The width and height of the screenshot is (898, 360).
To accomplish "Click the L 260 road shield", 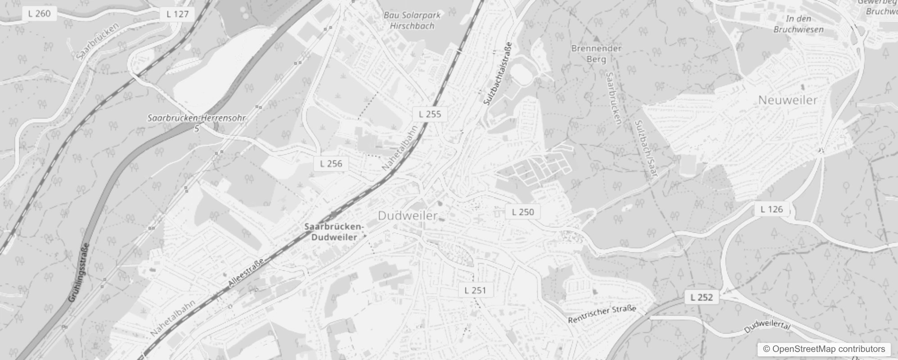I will [x=39, y=13].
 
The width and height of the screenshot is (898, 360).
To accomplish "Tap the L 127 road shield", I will [x=177, y=14].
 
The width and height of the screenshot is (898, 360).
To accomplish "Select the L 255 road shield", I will [x=430, y=114].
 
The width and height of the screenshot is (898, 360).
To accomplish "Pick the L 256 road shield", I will [x=331, y=164].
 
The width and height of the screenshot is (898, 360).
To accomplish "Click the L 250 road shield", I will [x=523, y=212].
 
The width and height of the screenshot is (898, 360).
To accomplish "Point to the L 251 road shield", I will [x=475, y=290].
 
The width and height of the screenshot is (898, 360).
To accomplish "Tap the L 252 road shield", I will [x=701, y=297].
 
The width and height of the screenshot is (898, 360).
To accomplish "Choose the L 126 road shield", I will [x=772, y=209].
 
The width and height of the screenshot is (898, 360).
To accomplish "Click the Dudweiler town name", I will [x=408, y=216].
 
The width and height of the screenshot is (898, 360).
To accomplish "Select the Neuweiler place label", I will [x=787, y=100].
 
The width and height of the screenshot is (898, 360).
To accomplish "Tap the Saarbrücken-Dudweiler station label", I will [x=334, y=232].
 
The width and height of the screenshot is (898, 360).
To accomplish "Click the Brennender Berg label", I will [x=596, y=54].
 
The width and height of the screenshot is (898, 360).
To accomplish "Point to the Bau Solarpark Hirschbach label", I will [x=412, y=21].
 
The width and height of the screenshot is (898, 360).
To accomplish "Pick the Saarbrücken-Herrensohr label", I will [x=197, y=118].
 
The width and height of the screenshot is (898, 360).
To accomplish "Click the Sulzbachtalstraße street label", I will [x=498, y=74].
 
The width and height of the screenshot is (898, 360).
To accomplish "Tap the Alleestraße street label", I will [x=246, y=273].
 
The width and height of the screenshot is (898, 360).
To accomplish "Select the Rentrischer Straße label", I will [x=602, y=314].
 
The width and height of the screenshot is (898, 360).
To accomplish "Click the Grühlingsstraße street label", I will [x=79, y=273].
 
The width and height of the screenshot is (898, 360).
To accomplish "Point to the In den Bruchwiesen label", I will [x=798, y=24].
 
